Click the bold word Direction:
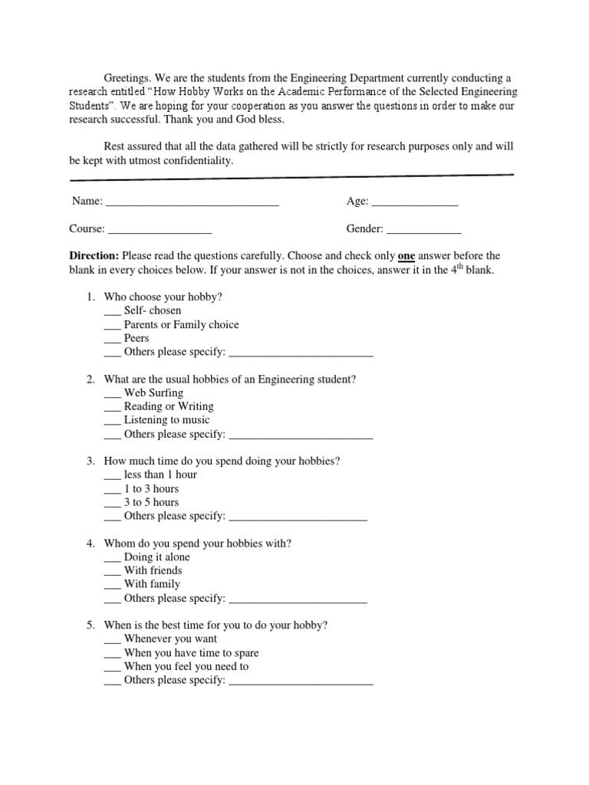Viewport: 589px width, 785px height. pyautogui.click(x=94, y=256)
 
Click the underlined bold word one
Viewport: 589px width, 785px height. pyautogui.click(x=406, y=256)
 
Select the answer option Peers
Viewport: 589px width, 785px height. pyautogui.click(x=137, y=338)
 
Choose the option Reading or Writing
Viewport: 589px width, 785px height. pyautogui.click(x=169, y=406)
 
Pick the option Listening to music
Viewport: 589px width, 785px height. pyautogui.click(x=166, y=420)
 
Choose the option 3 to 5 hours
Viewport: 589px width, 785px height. pyautogui.click(x=151, y=502)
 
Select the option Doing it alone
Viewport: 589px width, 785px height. pyautogui.click(x=156, y=557)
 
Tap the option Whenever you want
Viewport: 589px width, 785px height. pyautogui.click(x=170, y=639)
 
